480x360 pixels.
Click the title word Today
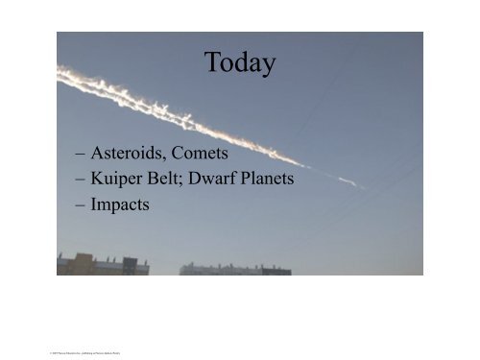tap(240, 63)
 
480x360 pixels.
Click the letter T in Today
tap(212, 63)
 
